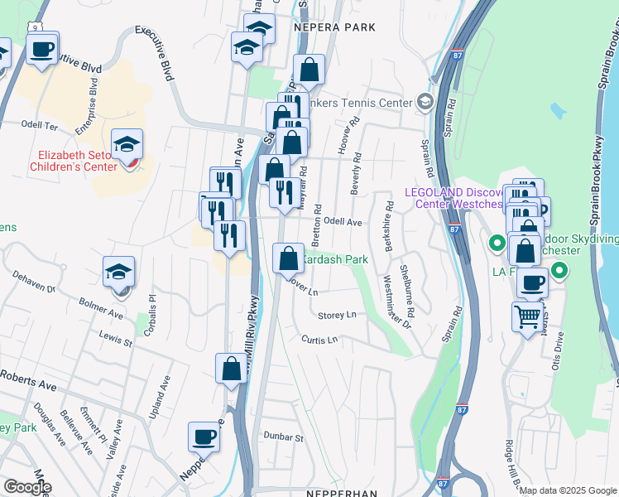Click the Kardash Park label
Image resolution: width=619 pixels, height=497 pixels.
(333, 259)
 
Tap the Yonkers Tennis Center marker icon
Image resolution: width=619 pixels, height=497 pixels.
(425, 102)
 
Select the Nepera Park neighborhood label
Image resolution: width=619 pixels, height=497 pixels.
(335, 27)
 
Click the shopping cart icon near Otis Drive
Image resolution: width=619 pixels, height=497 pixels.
(527, 316)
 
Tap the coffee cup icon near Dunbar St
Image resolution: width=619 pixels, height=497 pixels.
(204, 436)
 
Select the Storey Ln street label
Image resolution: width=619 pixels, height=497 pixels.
(338, 315)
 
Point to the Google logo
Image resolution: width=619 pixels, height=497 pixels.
(26, 487)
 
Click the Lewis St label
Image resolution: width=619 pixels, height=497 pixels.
(116, 339)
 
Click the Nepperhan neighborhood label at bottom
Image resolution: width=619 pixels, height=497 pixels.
(341, 490)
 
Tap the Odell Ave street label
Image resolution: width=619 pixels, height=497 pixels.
(343, 222)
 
